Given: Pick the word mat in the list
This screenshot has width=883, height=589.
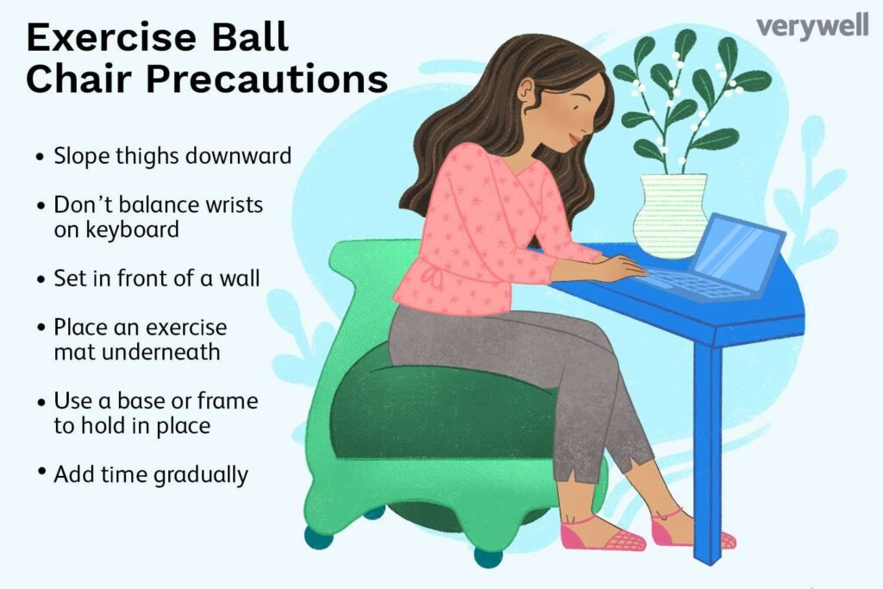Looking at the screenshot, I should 71,352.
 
